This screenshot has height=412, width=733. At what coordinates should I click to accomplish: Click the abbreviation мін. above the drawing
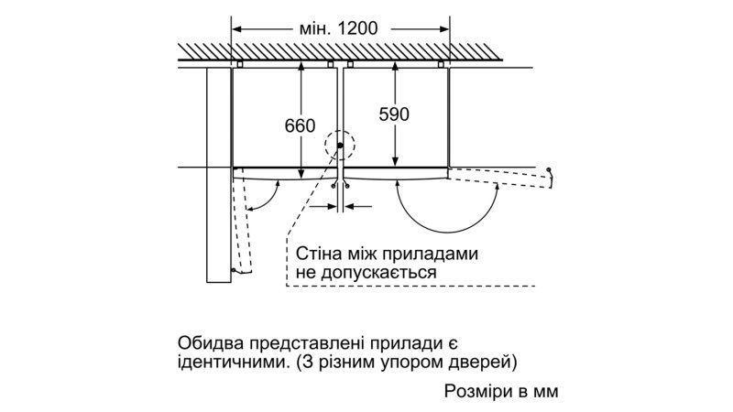click(310, 27)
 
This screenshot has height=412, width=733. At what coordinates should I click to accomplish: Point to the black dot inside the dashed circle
click(340, 145)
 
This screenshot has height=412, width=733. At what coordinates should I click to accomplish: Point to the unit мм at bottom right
click(543, 391)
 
